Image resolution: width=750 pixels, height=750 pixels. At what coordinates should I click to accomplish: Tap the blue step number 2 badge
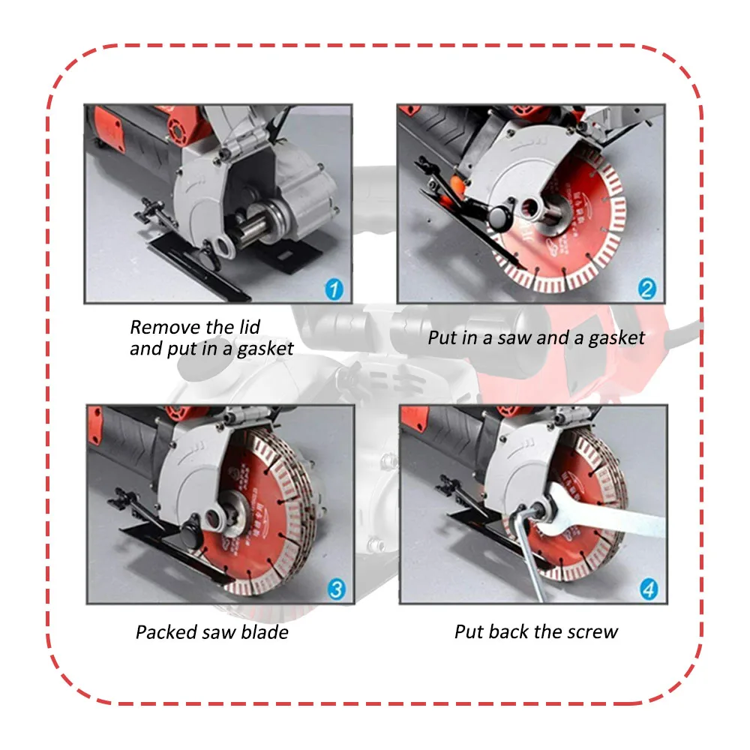coord(646,289)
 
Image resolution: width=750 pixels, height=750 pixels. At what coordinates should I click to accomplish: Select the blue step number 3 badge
coord(337,589)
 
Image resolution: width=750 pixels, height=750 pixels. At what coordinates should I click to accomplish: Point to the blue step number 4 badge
coord(649,589)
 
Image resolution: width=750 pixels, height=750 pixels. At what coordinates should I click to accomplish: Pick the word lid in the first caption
coord(247,327)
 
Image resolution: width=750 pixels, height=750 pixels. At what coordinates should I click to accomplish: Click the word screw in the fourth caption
coord(592,631)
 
